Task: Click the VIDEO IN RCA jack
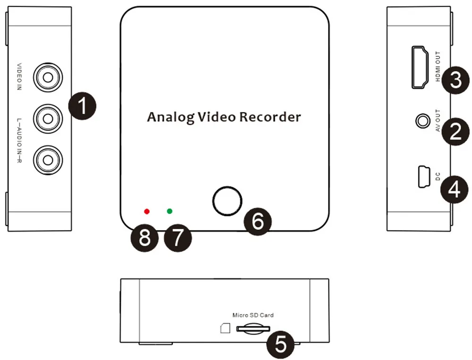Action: (46, 76)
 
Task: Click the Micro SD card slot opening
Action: (253, 327)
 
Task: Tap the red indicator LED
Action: (147, 211)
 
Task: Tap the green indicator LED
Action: (170, 211)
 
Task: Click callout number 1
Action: (82, 106)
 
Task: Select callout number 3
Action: (455, 80)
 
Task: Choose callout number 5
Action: (280, 343)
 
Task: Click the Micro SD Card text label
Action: (253, 315)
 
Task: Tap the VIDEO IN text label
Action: (19, 76)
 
